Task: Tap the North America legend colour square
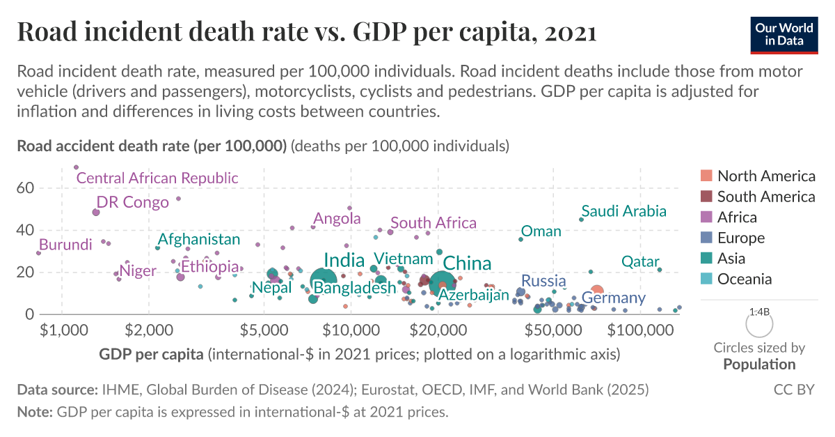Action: click(706, 176)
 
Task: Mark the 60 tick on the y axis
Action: click(26, 187)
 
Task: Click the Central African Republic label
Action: click(157, 178)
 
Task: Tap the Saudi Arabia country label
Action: click(624, 211)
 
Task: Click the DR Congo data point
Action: click(96, 212)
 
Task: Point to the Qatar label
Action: click(640, 261)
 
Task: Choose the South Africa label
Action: click(434, 223)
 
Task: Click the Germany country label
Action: click(610, 298)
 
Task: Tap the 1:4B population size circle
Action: click(759, 323)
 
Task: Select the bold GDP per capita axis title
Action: click(152, 354)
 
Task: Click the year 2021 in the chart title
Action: click(570, 32)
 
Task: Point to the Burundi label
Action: click(65, 245)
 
